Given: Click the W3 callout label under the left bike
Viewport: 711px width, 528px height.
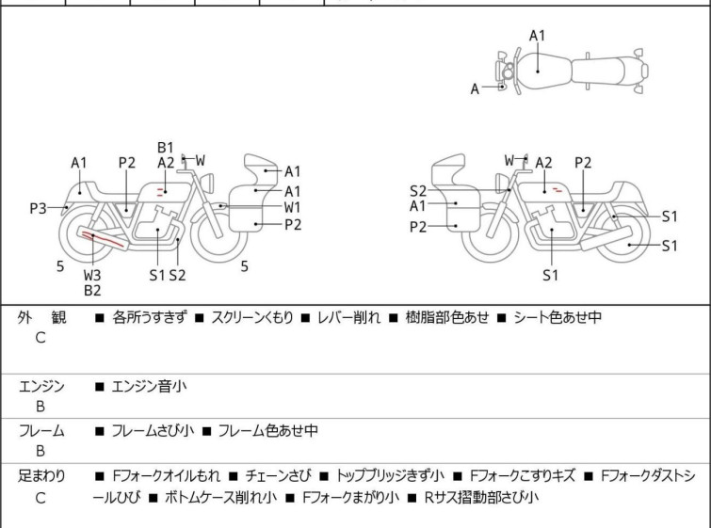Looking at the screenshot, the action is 92,275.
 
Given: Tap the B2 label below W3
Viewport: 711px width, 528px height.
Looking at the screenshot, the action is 92,291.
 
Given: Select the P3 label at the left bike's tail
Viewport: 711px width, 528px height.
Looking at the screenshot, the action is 38,209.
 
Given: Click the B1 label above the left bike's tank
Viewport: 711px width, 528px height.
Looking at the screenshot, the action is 166,148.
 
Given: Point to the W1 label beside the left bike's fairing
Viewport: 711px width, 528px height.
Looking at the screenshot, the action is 293,208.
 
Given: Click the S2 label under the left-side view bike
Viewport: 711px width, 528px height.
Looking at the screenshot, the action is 177,275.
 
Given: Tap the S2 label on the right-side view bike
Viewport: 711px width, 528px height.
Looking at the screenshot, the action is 418,191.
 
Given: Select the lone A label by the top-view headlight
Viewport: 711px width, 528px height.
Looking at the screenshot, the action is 475,88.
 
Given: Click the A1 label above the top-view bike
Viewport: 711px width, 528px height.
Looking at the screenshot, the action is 538,36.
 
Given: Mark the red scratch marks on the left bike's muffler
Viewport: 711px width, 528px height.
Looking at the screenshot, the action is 102,239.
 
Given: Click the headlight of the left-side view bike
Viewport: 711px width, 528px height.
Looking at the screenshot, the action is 207,184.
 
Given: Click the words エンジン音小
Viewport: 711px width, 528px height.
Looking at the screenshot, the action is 149,387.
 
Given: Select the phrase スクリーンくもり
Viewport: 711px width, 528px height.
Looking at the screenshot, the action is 252,317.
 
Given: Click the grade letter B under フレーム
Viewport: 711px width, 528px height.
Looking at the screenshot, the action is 40,451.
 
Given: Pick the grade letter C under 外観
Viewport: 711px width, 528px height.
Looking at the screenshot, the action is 40,338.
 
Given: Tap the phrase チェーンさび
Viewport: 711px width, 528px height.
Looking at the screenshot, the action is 278,476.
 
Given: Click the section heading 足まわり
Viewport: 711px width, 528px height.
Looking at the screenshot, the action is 41,476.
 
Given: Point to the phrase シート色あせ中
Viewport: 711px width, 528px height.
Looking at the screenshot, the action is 557,317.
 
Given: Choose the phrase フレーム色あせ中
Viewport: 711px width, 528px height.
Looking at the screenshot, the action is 268,430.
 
